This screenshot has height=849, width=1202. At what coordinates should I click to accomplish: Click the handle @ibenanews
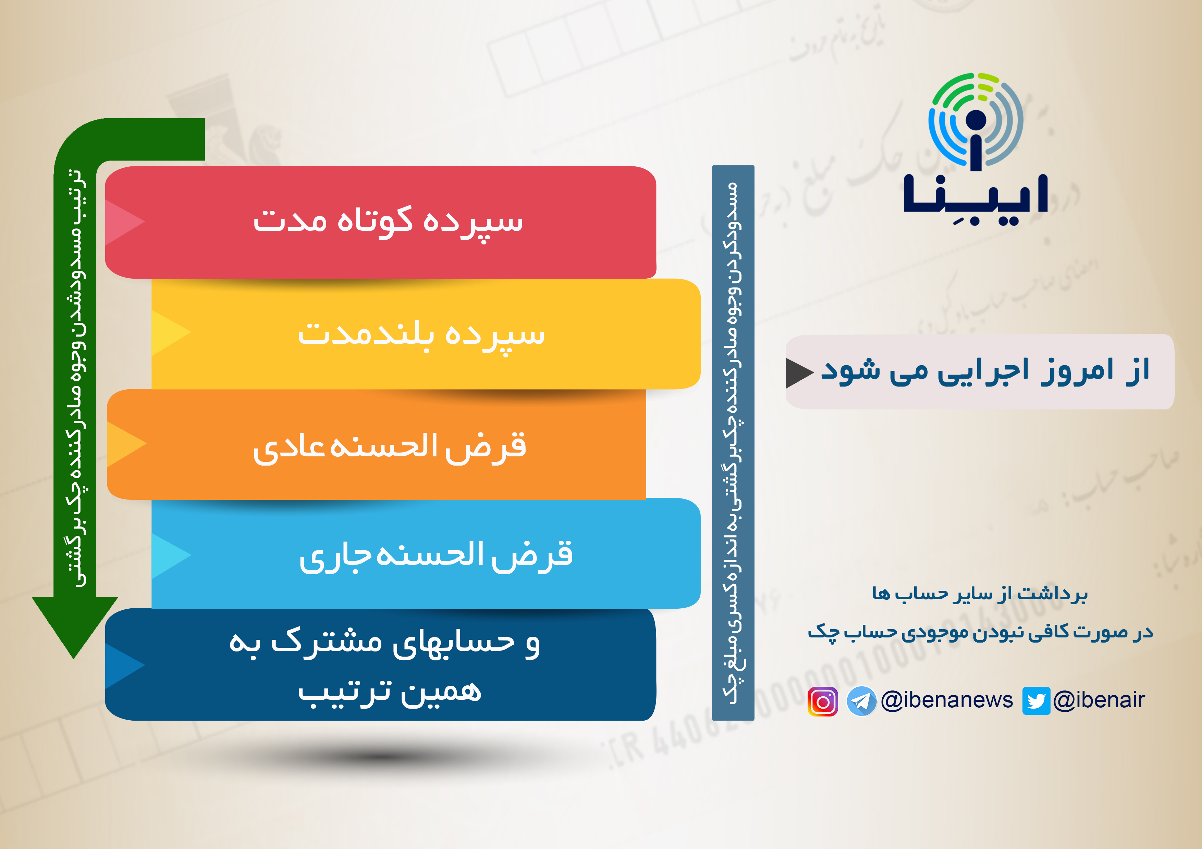click(946, 700)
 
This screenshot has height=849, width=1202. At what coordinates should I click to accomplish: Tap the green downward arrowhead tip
click(74, 658)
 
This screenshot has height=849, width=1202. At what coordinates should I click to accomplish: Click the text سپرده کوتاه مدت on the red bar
click(388, 221)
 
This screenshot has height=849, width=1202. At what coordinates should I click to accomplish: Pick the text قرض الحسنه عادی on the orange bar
click(390, 447)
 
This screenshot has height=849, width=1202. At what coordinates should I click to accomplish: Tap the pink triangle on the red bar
click(125, 222)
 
